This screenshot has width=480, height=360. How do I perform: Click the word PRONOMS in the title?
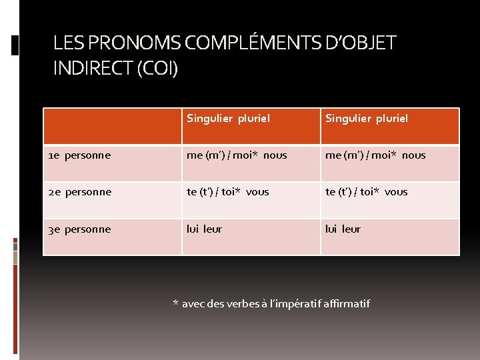tap(133, 43)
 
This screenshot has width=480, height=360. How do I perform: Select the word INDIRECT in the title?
tap(93, 68)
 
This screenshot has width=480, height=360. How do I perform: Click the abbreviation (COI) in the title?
tap(157, 68)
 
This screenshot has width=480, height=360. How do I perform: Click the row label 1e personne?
tap(79, 155)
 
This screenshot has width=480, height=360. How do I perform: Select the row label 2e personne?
tap(79, 192)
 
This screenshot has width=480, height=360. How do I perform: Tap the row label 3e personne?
tap(79, 229)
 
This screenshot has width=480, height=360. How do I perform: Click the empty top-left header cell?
tap(113, 126)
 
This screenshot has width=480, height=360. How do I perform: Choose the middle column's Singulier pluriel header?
tap(228, 119)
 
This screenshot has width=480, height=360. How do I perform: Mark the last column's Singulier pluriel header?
tap(367, 119)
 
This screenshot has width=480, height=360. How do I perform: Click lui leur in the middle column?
tap(204, 229)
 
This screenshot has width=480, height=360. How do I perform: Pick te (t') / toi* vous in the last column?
tap(366, 192)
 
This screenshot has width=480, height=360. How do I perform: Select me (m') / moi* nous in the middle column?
tap(237, 155)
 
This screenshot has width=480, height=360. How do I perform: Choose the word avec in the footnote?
tap(193, 304)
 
